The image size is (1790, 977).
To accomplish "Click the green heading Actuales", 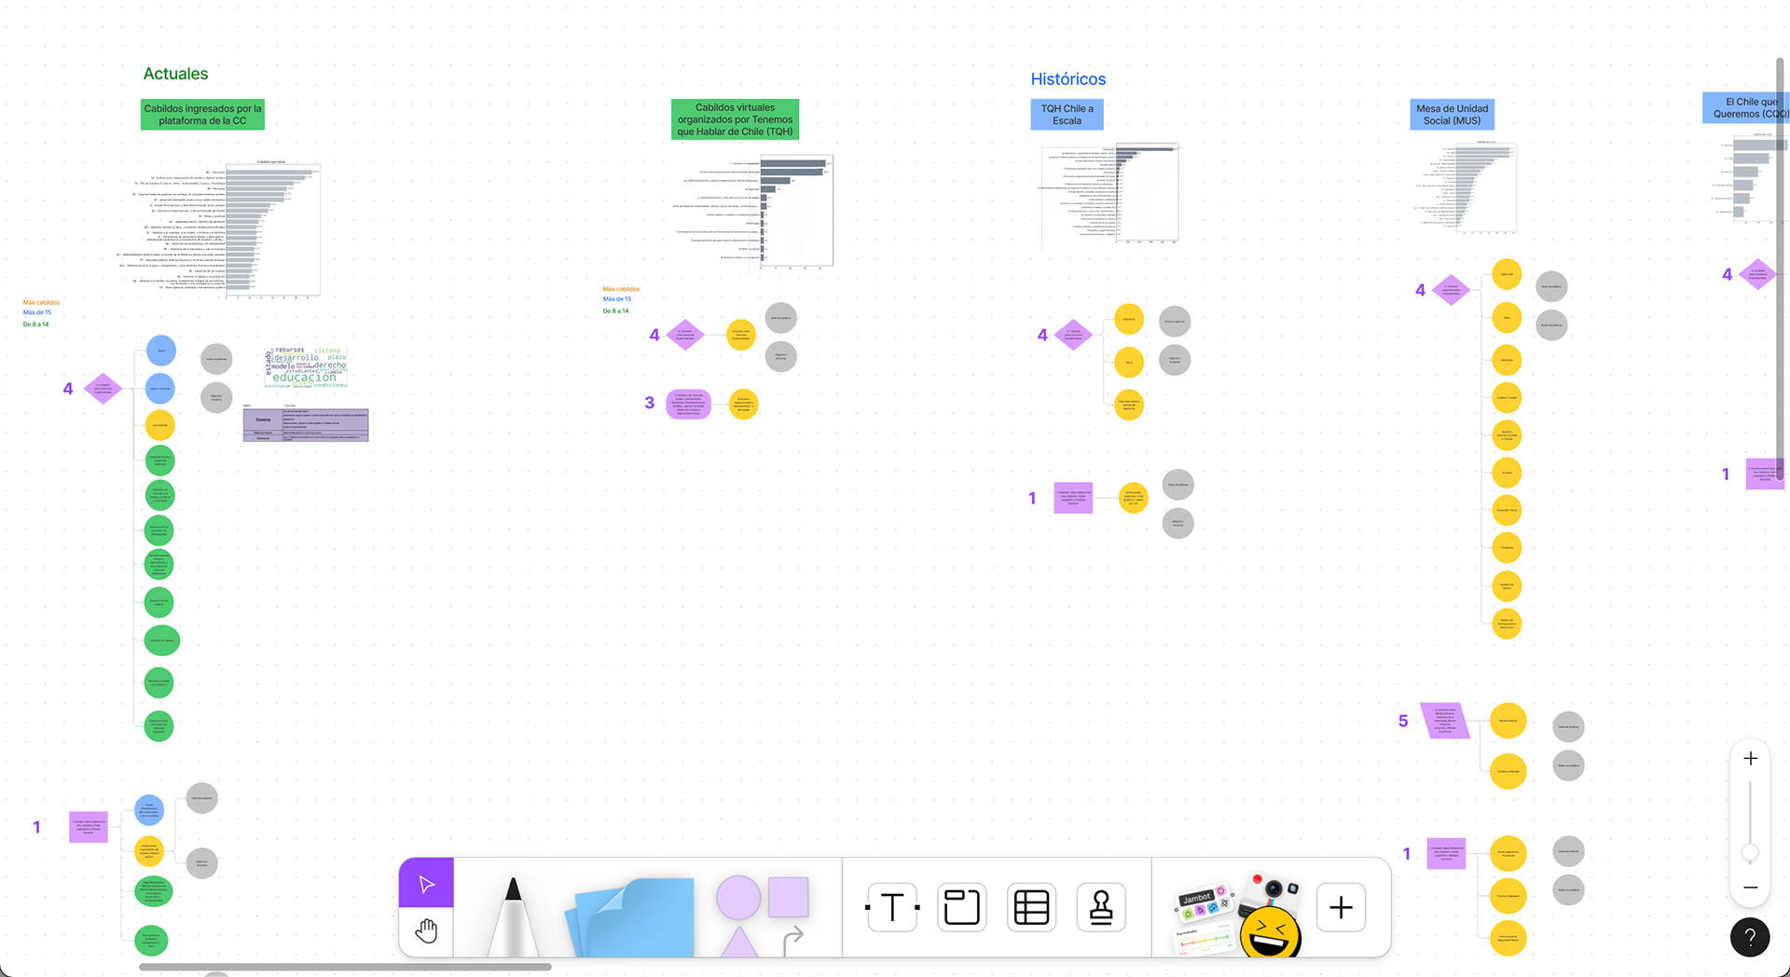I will pyautogui.click(x=175, y=74).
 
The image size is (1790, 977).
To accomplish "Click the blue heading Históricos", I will pyautogui.click(x=1067, y=79).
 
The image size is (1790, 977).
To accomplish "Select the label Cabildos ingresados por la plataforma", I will pyautogui.click(x=202, y=115).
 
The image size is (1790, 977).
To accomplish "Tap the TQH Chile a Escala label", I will pyautogui.click(x=1067, y=115).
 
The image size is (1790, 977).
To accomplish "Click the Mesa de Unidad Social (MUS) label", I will pyautogui.click(x=1452, y=115).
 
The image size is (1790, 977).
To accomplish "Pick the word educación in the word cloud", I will pyautogui.click(x=304, y=378).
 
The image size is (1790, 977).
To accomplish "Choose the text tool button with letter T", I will pyautogui.click(x=892, y=907).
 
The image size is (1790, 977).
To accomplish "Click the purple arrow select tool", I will pyautogui.click(x=426, y=884).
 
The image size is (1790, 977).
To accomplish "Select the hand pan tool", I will pyautogui.click(x=426, y=930).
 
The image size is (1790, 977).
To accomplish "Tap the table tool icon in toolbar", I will pyautogui.click(x=1031, y=907).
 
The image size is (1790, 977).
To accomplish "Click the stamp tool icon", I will pyautogui.click(x=1101, y=907).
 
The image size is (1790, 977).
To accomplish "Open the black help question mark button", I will pyautogui.click(x=1750, y=937).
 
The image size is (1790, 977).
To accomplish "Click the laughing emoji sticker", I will pyautogui.click(x=1270, y=931).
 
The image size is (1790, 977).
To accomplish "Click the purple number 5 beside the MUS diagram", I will pyautogui.click(x=1403, y=721).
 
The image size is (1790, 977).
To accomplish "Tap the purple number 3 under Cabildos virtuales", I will pyautogui.click(x=649, y=403).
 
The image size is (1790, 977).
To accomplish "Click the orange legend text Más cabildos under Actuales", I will pyautogui.click(x=41, y=302).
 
